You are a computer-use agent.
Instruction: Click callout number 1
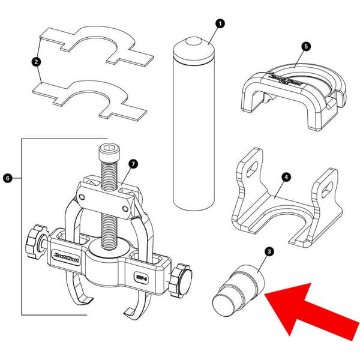[219, 23]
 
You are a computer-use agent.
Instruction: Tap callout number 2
[37, 61]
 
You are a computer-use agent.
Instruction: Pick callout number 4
[287, 177]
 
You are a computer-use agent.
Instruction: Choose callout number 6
[7, 178]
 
